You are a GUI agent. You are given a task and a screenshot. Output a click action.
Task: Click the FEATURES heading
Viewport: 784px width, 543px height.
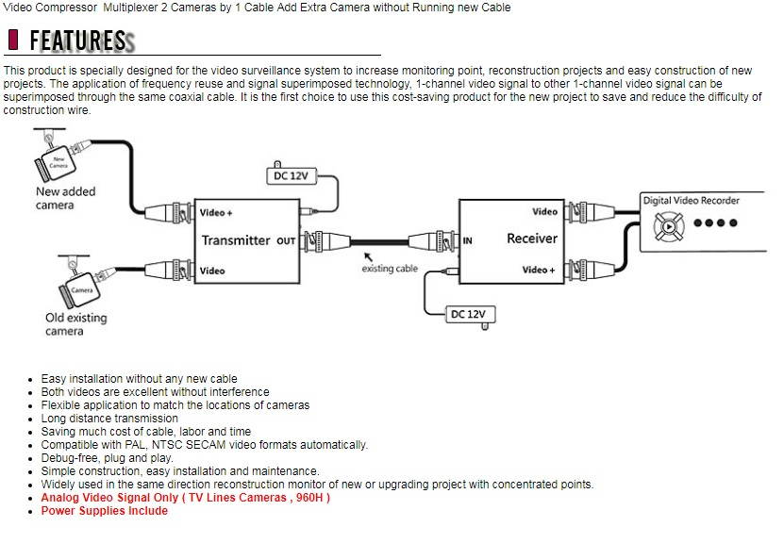(77, 41)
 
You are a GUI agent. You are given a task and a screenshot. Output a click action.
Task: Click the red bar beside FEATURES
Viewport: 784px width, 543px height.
(13, 41)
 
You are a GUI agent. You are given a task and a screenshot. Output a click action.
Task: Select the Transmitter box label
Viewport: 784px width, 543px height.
(236, 240)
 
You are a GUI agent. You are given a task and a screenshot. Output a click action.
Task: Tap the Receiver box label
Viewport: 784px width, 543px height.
(532, 239)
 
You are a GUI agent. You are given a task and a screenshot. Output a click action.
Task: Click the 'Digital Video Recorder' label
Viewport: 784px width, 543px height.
(692, 201)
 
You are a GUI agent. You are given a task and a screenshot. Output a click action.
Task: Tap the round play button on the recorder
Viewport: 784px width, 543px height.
(668, 226)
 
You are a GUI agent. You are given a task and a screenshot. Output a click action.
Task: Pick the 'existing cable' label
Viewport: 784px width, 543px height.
(390, 269)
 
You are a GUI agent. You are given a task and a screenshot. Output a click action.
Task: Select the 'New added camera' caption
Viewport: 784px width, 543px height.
(66, 198)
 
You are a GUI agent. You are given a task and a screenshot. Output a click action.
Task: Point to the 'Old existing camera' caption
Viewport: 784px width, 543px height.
(76, 324)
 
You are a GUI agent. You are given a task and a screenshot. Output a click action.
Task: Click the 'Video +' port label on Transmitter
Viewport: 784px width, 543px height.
(216, 213)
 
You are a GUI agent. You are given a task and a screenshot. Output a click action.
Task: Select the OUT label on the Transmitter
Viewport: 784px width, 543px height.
(286, 240)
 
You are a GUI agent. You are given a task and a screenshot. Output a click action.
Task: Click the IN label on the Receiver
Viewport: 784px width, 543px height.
(467, 240)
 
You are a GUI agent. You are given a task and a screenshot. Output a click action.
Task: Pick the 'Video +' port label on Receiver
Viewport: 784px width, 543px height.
(539, 271)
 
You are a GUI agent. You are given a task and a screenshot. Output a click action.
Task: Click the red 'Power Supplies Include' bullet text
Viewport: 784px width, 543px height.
(104, 511)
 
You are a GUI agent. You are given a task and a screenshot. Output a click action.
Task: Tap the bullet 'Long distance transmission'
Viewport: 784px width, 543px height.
(109, 419)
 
